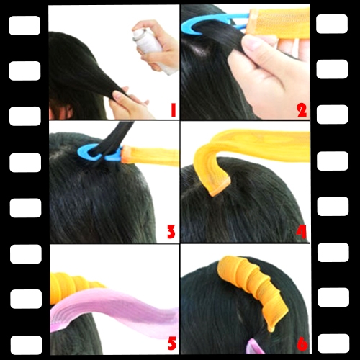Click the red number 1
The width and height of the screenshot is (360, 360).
point(174,110)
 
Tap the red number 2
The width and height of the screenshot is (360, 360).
point(302,110)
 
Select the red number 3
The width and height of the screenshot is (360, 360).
point(171,232)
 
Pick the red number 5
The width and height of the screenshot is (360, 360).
point(172,343)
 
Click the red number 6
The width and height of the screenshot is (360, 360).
point(302,344)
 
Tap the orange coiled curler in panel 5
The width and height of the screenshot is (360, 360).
point(72,287)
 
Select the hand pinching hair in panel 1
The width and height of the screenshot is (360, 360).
point(130,103)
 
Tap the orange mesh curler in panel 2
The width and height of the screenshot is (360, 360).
point(279,23)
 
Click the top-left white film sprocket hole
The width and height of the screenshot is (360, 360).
point(24,25)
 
